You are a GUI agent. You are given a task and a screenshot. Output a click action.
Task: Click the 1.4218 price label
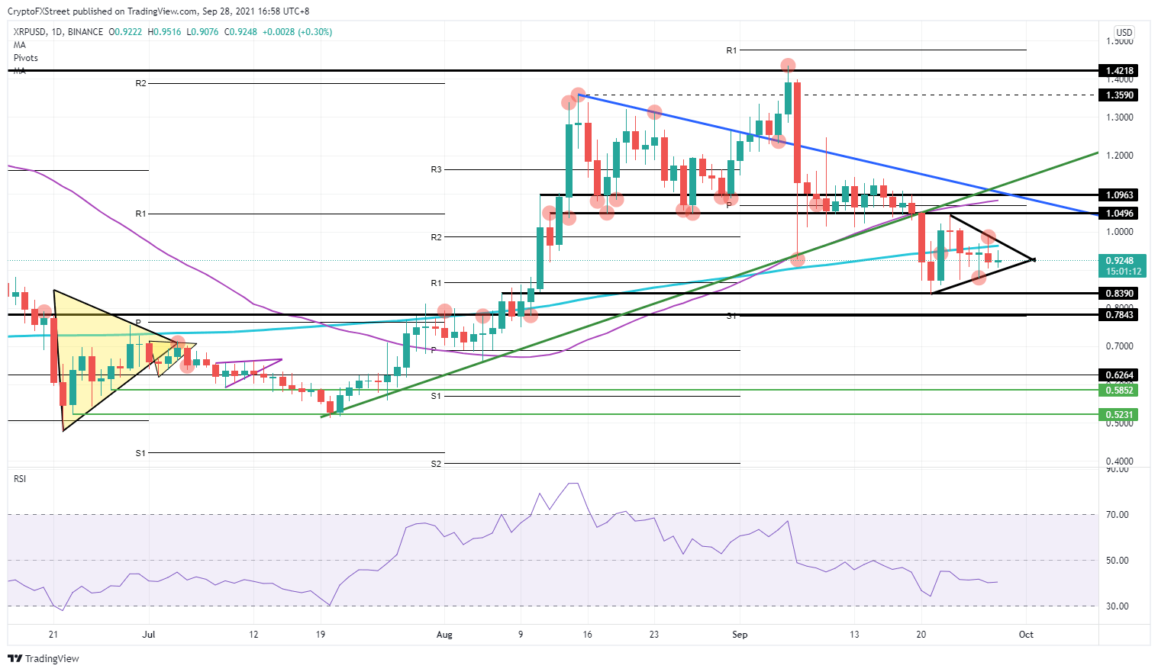click(x=1120, y=71)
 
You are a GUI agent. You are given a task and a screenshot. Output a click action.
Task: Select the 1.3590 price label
click(x=1120, y=95)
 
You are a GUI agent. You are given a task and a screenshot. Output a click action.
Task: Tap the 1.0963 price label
click(x=1120, y=195)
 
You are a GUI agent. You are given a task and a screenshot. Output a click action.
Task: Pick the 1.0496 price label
click(x=1120, y=214)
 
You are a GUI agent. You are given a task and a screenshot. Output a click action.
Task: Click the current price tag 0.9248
click(x=1120, y=261)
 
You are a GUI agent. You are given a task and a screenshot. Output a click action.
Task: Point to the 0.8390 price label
click(x=1120, y=294)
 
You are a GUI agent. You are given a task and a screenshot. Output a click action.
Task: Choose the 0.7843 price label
click(x=1120, y=315)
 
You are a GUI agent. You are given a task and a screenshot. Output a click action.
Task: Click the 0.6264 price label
click(x=1120, y=375)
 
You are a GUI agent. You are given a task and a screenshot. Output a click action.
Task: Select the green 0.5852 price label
click(x=1120, y=391)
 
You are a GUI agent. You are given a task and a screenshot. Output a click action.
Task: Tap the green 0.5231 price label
click(x=1120, y=415)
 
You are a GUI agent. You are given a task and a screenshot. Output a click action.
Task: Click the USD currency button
click(x=1124, y=33)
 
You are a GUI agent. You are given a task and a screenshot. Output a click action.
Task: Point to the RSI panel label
click(x=20, y=479)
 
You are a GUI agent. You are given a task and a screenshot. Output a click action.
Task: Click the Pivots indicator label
click(x=26, y=58)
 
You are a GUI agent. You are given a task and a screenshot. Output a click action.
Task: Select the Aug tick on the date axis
click(x=444, y=635)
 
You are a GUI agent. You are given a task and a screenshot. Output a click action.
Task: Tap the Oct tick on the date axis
click(x=1026, y=635)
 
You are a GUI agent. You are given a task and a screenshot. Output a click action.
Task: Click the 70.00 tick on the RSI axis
click(x=1118, y=515)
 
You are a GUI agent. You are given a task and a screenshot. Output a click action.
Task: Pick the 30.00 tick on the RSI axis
click(x=1118, y=606)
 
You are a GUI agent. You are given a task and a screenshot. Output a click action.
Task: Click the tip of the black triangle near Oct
click(x=1033, y=259)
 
